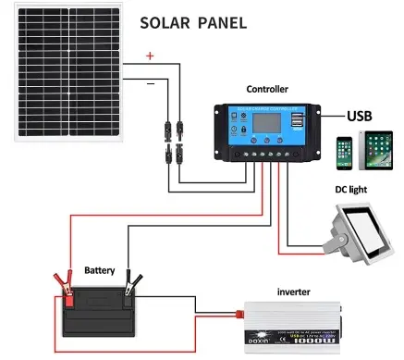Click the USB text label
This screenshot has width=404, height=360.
click(x=360, y=117)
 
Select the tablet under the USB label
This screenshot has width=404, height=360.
click(x=377, y=150)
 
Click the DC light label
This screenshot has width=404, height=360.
click(x=356, y=191)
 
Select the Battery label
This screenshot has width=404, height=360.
click(x=99, y=271)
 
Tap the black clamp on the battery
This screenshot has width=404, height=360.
click(x=136, y=281)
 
